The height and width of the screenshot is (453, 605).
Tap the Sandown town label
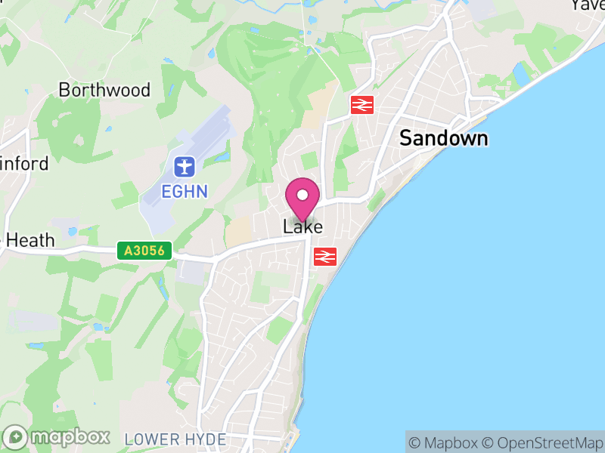443,138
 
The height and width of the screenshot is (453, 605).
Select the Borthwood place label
104,90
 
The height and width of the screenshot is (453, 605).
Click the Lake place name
302,226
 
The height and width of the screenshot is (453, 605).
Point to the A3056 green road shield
145,251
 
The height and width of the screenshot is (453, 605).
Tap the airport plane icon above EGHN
184,165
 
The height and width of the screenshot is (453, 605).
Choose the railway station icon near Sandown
362,105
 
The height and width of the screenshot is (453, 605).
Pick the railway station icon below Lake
325,257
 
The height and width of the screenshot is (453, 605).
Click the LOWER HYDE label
175,439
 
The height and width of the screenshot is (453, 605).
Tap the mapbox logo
57,436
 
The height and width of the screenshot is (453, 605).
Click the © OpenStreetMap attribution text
541,442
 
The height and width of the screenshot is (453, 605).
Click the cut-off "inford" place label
24,163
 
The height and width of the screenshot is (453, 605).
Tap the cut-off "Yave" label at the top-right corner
588,5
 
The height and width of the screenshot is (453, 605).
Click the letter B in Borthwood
65,90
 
